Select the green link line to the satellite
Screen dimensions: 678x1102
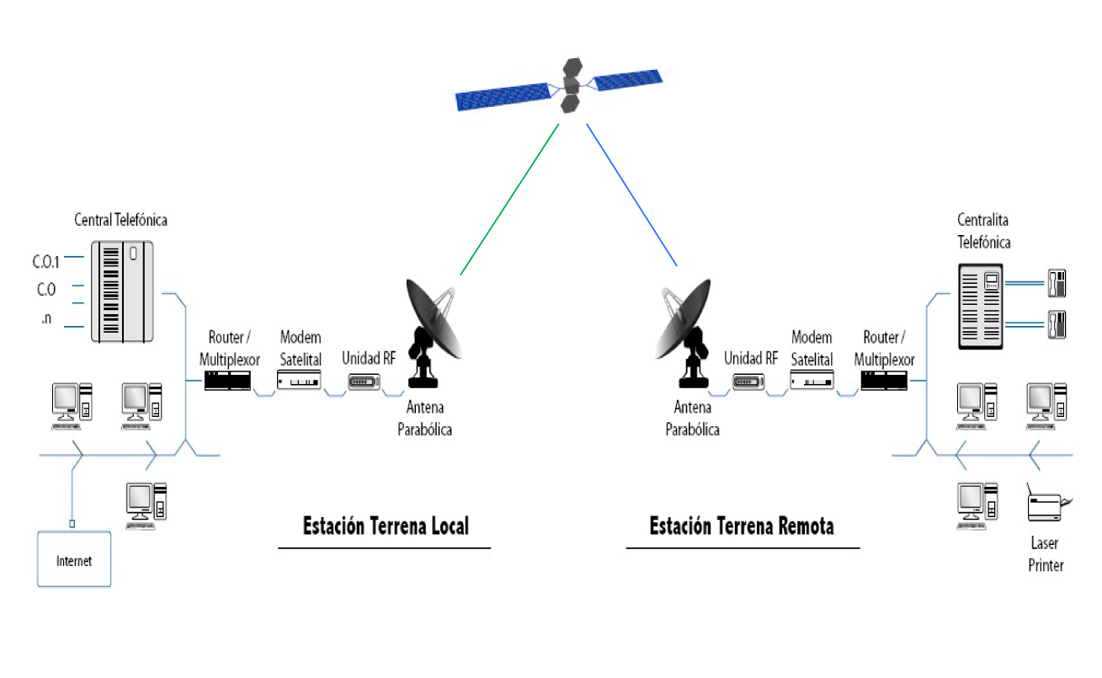pyautogui.click(x=509, y=200)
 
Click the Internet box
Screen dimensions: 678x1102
pyautogui.click(x=74, y=559)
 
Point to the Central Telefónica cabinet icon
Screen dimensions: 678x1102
pyautogui.click(x=123, y=291)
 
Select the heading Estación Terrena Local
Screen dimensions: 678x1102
pyautogui.click(x=386, y=526)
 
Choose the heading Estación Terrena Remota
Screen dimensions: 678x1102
pyautogui.click(x=742, y=526)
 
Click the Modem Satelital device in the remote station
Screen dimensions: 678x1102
pyautogui.click(x=812, y=382)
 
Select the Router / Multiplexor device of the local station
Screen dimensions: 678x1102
pyautogui.click(x=228, y=382)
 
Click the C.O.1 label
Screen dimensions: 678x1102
pyautogui.click(x=46, y=260)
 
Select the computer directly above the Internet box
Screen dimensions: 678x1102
pyautogui.click(x=71, y=403)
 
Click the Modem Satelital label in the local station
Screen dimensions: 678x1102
pyautogui.click(x=301, y=348)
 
